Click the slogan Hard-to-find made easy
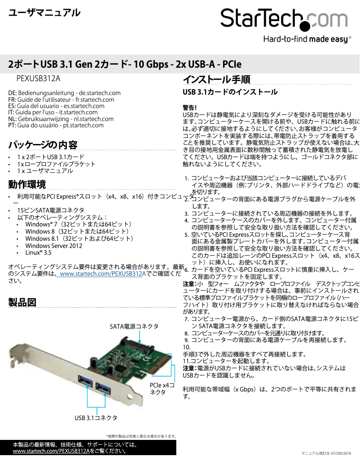[305, 39]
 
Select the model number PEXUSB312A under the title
[38, 78]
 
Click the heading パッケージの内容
[43, 145]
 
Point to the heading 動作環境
[27, 184]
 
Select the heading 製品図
[22, 302]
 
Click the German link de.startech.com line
[65, 93]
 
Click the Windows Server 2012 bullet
[53, 246]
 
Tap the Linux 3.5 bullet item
[38, 253]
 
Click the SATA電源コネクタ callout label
[134, 326]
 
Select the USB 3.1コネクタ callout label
[96, 417]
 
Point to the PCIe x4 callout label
[162, 388]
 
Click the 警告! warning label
[190, 108]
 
